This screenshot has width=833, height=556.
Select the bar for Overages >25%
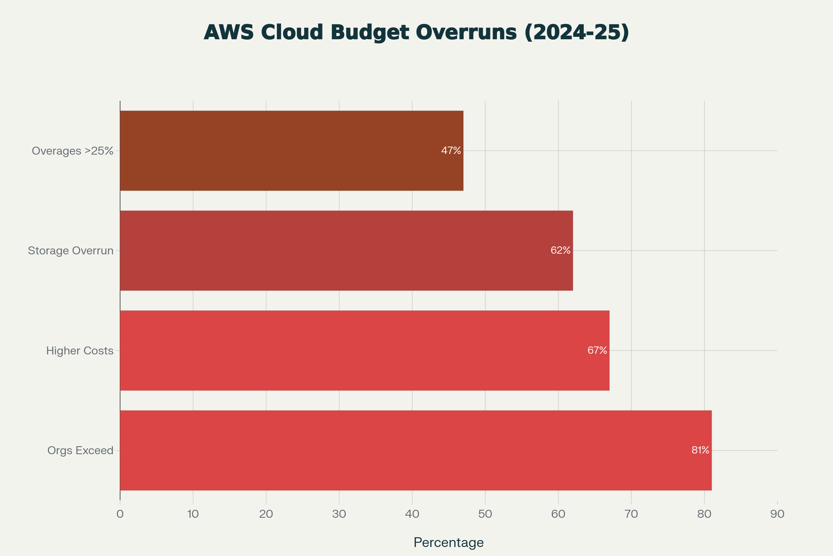pyautogui.click(x=291, y=151)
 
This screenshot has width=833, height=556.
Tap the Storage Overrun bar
pyautogui.click(x=346, y=251)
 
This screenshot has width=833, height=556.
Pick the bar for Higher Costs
pyautogui.click(x=364, y=351)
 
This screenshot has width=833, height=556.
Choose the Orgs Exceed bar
pyautogui.click(x=415, y=450)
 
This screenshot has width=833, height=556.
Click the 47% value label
pyautogui.click(x=451, y=151)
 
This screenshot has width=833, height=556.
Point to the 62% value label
pyautogui.click(x=560, y=251)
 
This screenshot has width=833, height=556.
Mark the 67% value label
pyautogui.click(x=597, y=351)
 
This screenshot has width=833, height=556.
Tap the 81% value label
pyautogui.click(x=700, y=450)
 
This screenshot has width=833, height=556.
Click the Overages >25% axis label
pyautogui.click(x=73, y=151)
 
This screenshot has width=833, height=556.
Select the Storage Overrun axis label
pyautogui.click(x=70, y=251)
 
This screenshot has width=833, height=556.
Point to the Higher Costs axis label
pyautogui.click(x=80, y=351)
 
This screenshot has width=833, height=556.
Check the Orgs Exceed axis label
pyautogui.click(x=81, y=451)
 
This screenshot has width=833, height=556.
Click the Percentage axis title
pyautogui.click(x=448, y=542)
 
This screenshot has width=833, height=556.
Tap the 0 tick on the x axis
pyautogui.click(x=120, y=514)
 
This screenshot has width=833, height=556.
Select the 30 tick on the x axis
pyautogui.click(x=339, y=514)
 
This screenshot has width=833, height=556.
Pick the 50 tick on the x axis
pyautogui.click(x=485, y=514)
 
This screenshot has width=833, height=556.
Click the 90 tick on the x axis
pyautogui.click(x=777, y=514)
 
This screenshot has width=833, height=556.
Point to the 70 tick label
pyautogui.click(x=631, y=514)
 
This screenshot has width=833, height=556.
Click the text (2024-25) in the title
pyautogui.click(x=577, y=33)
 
